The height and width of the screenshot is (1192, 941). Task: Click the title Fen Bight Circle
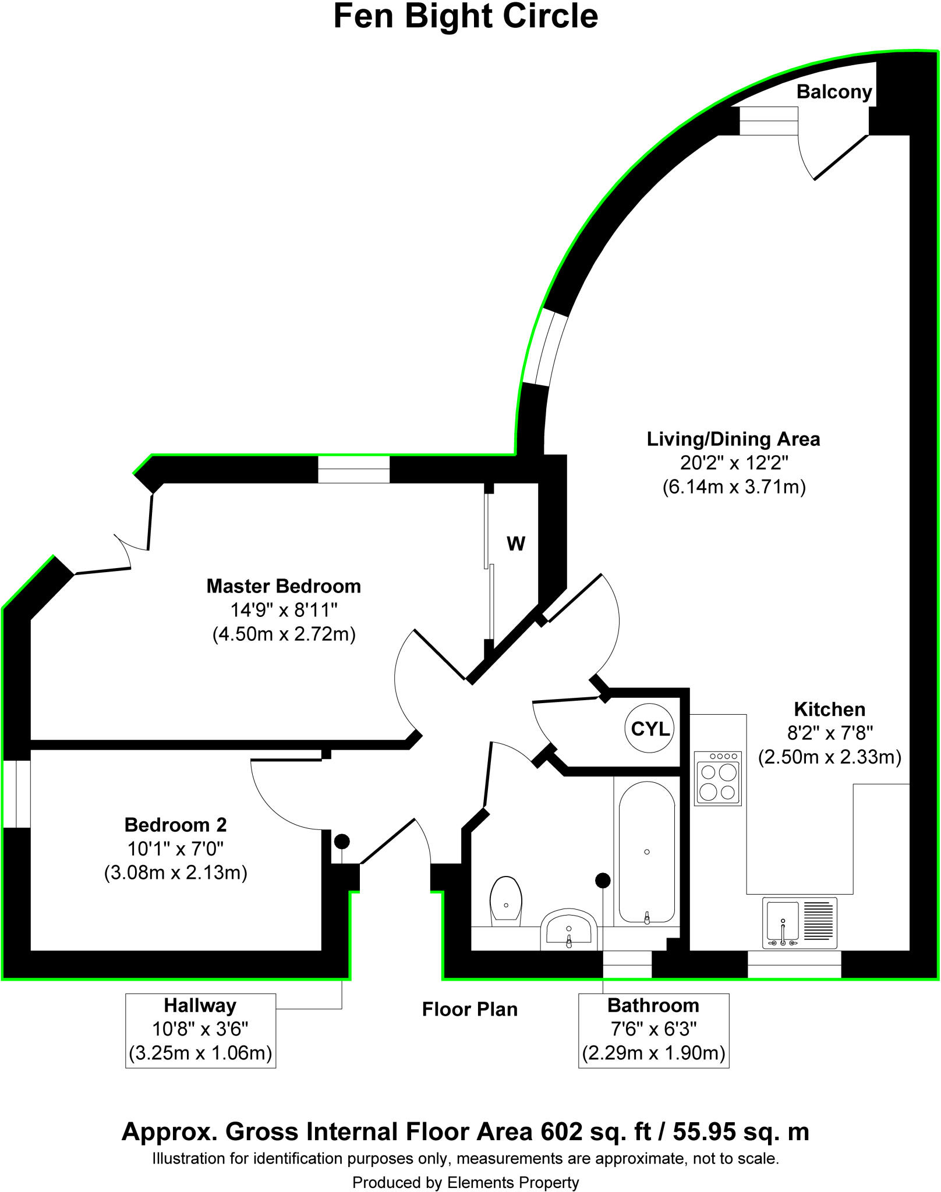465,16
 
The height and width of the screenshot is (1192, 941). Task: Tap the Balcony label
833,92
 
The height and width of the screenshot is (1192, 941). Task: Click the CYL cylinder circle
650,729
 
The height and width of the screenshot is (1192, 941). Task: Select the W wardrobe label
516,544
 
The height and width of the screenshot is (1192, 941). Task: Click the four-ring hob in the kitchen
717,779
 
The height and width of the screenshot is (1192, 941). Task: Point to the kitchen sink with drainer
799,923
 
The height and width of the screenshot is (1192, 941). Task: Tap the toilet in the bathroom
505,901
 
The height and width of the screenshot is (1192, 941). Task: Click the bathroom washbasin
569,929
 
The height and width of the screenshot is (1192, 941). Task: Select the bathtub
646,853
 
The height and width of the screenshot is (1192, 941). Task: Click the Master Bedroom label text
284,586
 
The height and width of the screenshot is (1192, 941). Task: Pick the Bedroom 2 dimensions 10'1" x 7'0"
175,849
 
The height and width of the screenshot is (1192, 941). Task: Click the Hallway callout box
200,1030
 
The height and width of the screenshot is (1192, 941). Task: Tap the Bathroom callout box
653,1030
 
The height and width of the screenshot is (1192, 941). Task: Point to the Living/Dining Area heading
733,439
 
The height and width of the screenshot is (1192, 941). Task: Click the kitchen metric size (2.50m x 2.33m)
829,757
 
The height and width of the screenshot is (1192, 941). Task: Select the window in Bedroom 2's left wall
16,794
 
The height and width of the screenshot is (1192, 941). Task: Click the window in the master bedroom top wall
353,469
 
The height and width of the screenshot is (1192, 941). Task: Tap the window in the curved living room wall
544,348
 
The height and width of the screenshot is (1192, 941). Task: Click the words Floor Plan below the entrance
469,1009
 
